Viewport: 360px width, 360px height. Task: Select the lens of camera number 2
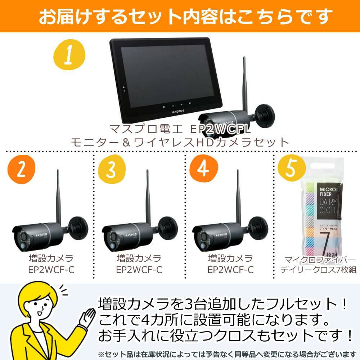coord(23,245)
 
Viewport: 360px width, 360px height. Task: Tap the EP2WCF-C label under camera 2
coord(51,269)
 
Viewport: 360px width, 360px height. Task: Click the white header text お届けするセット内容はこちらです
coord(180,16)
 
